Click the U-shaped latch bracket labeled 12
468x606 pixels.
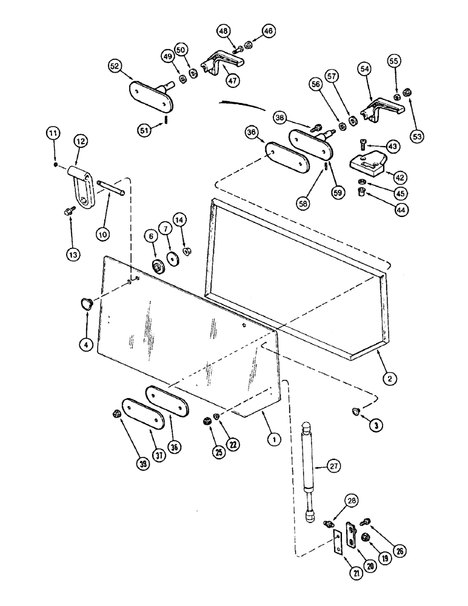tap(84, 189)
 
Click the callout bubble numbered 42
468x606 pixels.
tap(400, 178)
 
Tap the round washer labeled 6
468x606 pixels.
tap(159, 266)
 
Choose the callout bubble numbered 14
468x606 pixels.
tap(180, 219)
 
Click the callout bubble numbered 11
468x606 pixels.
tap(54, 132)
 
